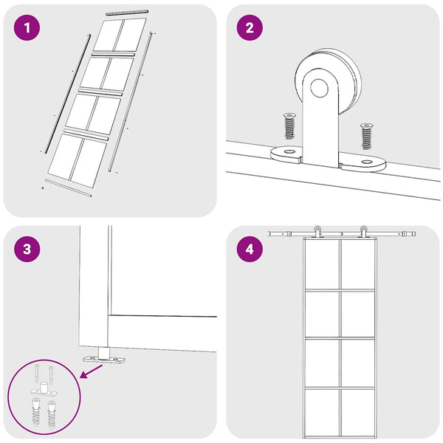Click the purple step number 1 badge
pos(27,28)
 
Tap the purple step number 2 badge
pos(250,28)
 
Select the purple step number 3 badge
pos(27,249)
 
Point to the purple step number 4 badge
pos(250,249)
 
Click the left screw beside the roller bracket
pos(289,126)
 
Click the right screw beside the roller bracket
pos(366,136)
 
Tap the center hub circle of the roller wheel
pos(319,88)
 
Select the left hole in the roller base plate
pos(289,151)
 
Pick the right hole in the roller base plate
pos(367,162)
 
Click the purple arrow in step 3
pos(91,371)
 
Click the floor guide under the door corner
pos(103,356)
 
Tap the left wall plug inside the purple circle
pos(36,411)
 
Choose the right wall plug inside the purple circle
pos(52,415)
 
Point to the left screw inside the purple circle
pos(38,373)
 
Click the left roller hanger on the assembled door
pos(317,232)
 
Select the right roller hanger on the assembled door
pos(363,232)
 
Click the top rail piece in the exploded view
pos(127,12)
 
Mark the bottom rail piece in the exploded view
pos(68,188)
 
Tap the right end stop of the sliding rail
pos(413,234)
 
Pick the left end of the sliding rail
pos(269,234)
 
